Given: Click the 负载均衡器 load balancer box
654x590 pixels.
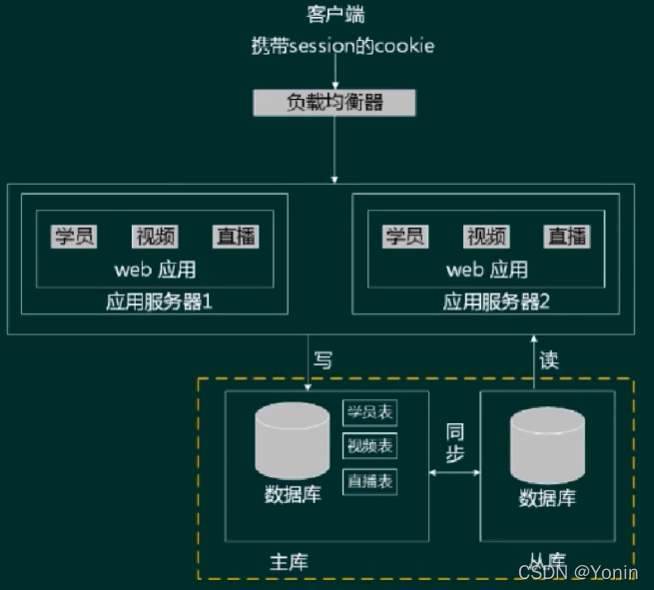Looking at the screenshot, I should click(x=334, y=102).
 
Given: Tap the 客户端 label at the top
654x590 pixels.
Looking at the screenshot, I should click(x=333, y=14).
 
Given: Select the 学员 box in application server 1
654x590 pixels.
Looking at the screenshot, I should click(x=74, y=237).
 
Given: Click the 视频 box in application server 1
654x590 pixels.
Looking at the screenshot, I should click(x=155, y=237).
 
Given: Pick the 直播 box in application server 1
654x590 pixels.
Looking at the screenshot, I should click(x=236, y=237).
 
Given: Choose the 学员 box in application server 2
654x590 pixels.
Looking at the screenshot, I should click(x=405, y=237).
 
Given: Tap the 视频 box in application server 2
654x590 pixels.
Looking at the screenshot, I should click(x=486, y=237).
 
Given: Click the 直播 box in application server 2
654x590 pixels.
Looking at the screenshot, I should click(x=567, y=237).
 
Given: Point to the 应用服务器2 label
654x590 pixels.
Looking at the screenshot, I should click(x=496, y=301).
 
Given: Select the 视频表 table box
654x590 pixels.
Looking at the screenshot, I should click(x=369, y=445).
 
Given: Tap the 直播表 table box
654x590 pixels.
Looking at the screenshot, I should click(x=369, y=480).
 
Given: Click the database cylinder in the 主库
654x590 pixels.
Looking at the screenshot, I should click(x=292, y=440).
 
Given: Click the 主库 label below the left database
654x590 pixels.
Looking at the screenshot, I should click(x=290, y=561).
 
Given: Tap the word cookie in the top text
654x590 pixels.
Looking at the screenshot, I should click(x=403, y=47).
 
